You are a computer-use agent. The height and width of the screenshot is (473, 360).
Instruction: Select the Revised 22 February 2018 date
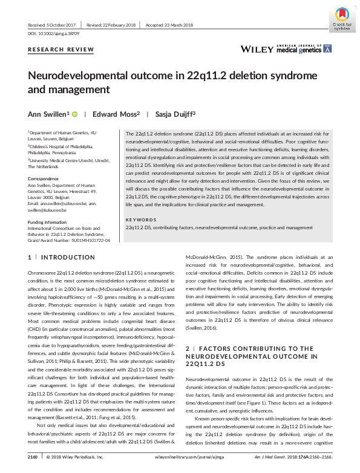[x=112, y=24]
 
